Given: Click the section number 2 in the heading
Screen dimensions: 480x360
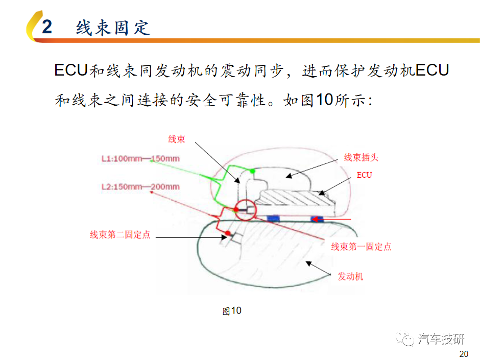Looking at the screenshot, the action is click(47, 27).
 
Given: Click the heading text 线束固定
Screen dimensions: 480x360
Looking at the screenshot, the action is click(113, 28).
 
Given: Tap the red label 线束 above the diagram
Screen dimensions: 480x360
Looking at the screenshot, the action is click(177, 139).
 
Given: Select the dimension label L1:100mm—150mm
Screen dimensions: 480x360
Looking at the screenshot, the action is click(140, 159).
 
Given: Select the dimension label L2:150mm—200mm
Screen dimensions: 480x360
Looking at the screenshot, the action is click(140, 187).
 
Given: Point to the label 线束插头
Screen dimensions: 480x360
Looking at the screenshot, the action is click(361, 157).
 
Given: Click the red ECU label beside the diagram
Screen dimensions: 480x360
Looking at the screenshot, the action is click(364, 175).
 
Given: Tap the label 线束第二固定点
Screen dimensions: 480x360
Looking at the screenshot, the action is click(120, 235).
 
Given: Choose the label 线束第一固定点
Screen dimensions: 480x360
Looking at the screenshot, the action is click(361, 247).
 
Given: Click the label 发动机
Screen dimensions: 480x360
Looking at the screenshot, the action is click(350, 276).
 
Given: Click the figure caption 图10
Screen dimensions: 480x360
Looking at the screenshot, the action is click(232, 310).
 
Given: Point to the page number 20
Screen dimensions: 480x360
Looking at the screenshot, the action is click(464, 354).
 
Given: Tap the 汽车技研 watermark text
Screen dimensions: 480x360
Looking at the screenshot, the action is click(441, 339).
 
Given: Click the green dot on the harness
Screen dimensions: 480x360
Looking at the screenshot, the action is click(252, 171).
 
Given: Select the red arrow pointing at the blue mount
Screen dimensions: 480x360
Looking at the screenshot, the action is click(331, 219).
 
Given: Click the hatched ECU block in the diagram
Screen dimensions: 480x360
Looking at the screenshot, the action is click(296, 198).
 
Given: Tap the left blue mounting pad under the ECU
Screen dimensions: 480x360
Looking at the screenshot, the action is click(273, 218).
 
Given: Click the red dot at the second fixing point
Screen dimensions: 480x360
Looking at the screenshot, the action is click(228, 233).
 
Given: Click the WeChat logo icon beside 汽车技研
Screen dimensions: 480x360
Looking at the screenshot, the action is click(404, 338).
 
